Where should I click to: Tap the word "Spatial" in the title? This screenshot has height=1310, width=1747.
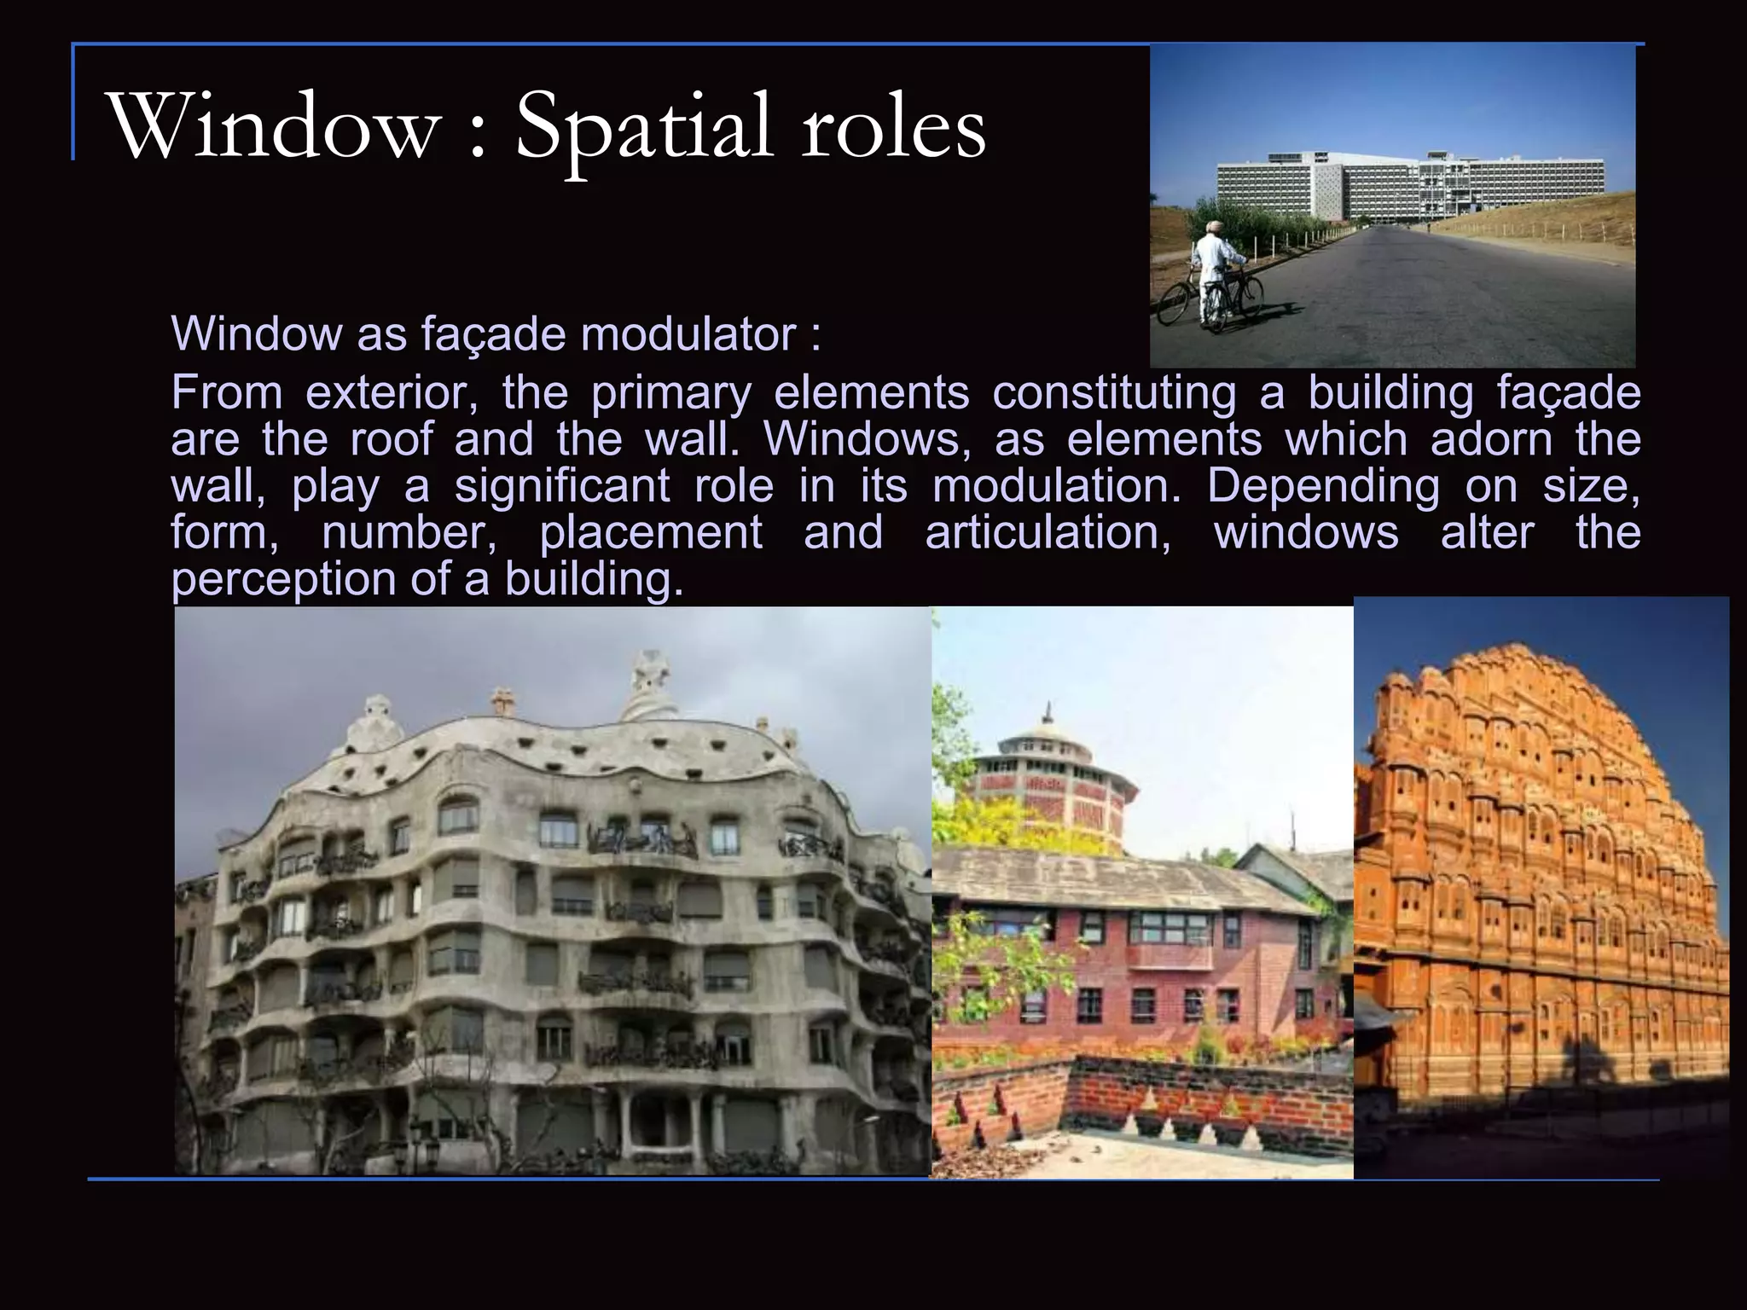pos(644,128)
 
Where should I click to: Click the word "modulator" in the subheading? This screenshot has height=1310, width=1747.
pos(688,333)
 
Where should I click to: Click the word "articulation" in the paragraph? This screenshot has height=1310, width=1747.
pos(1048,533)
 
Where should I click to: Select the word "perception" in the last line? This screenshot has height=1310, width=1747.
pos(281,579)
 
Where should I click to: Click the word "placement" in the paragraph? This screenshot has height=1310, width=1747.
pos(651,533)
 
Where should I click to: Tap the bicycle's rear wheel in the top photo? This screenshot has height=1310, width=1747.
pos(1177,303)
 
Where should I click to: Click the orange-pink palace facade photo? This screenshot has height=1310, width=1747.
pos(1541,887)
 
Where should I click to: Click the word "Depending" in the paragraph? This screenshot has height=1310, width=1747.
pos(1323,486)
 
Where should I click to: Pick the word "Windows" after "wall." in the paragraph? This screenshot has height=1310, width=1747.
pos(866,439)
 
